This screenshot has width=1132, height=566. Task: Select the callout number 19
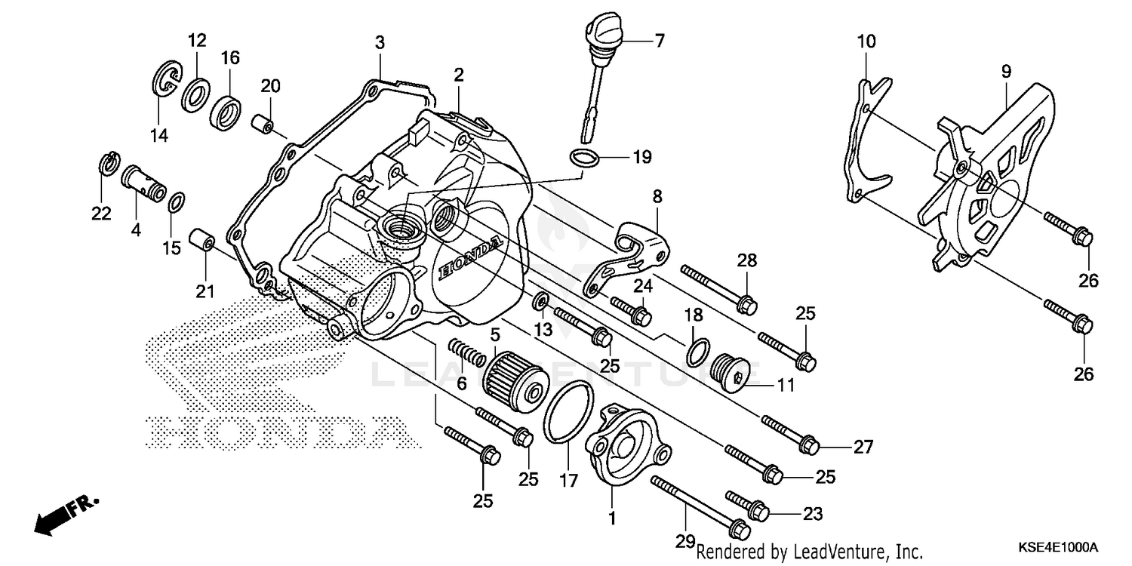(x=641, y=158)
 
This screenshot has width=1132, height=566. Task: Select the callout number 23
(x=811, y=514)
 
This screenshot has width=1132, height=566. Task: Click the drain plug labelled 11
(x=737, y=372)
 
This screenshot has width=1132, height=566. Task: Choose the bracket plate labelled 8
(x=630, y=254)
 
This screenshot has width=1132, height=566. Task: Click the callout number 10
(x=866, y=41)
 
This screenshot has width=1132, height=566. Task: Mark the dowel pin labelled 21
(x=203, y=243)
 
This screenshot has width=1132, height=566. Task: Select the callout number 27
(x=863, y=447)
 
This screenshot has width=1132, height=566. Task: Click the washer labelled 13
(x=541, y=303)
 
